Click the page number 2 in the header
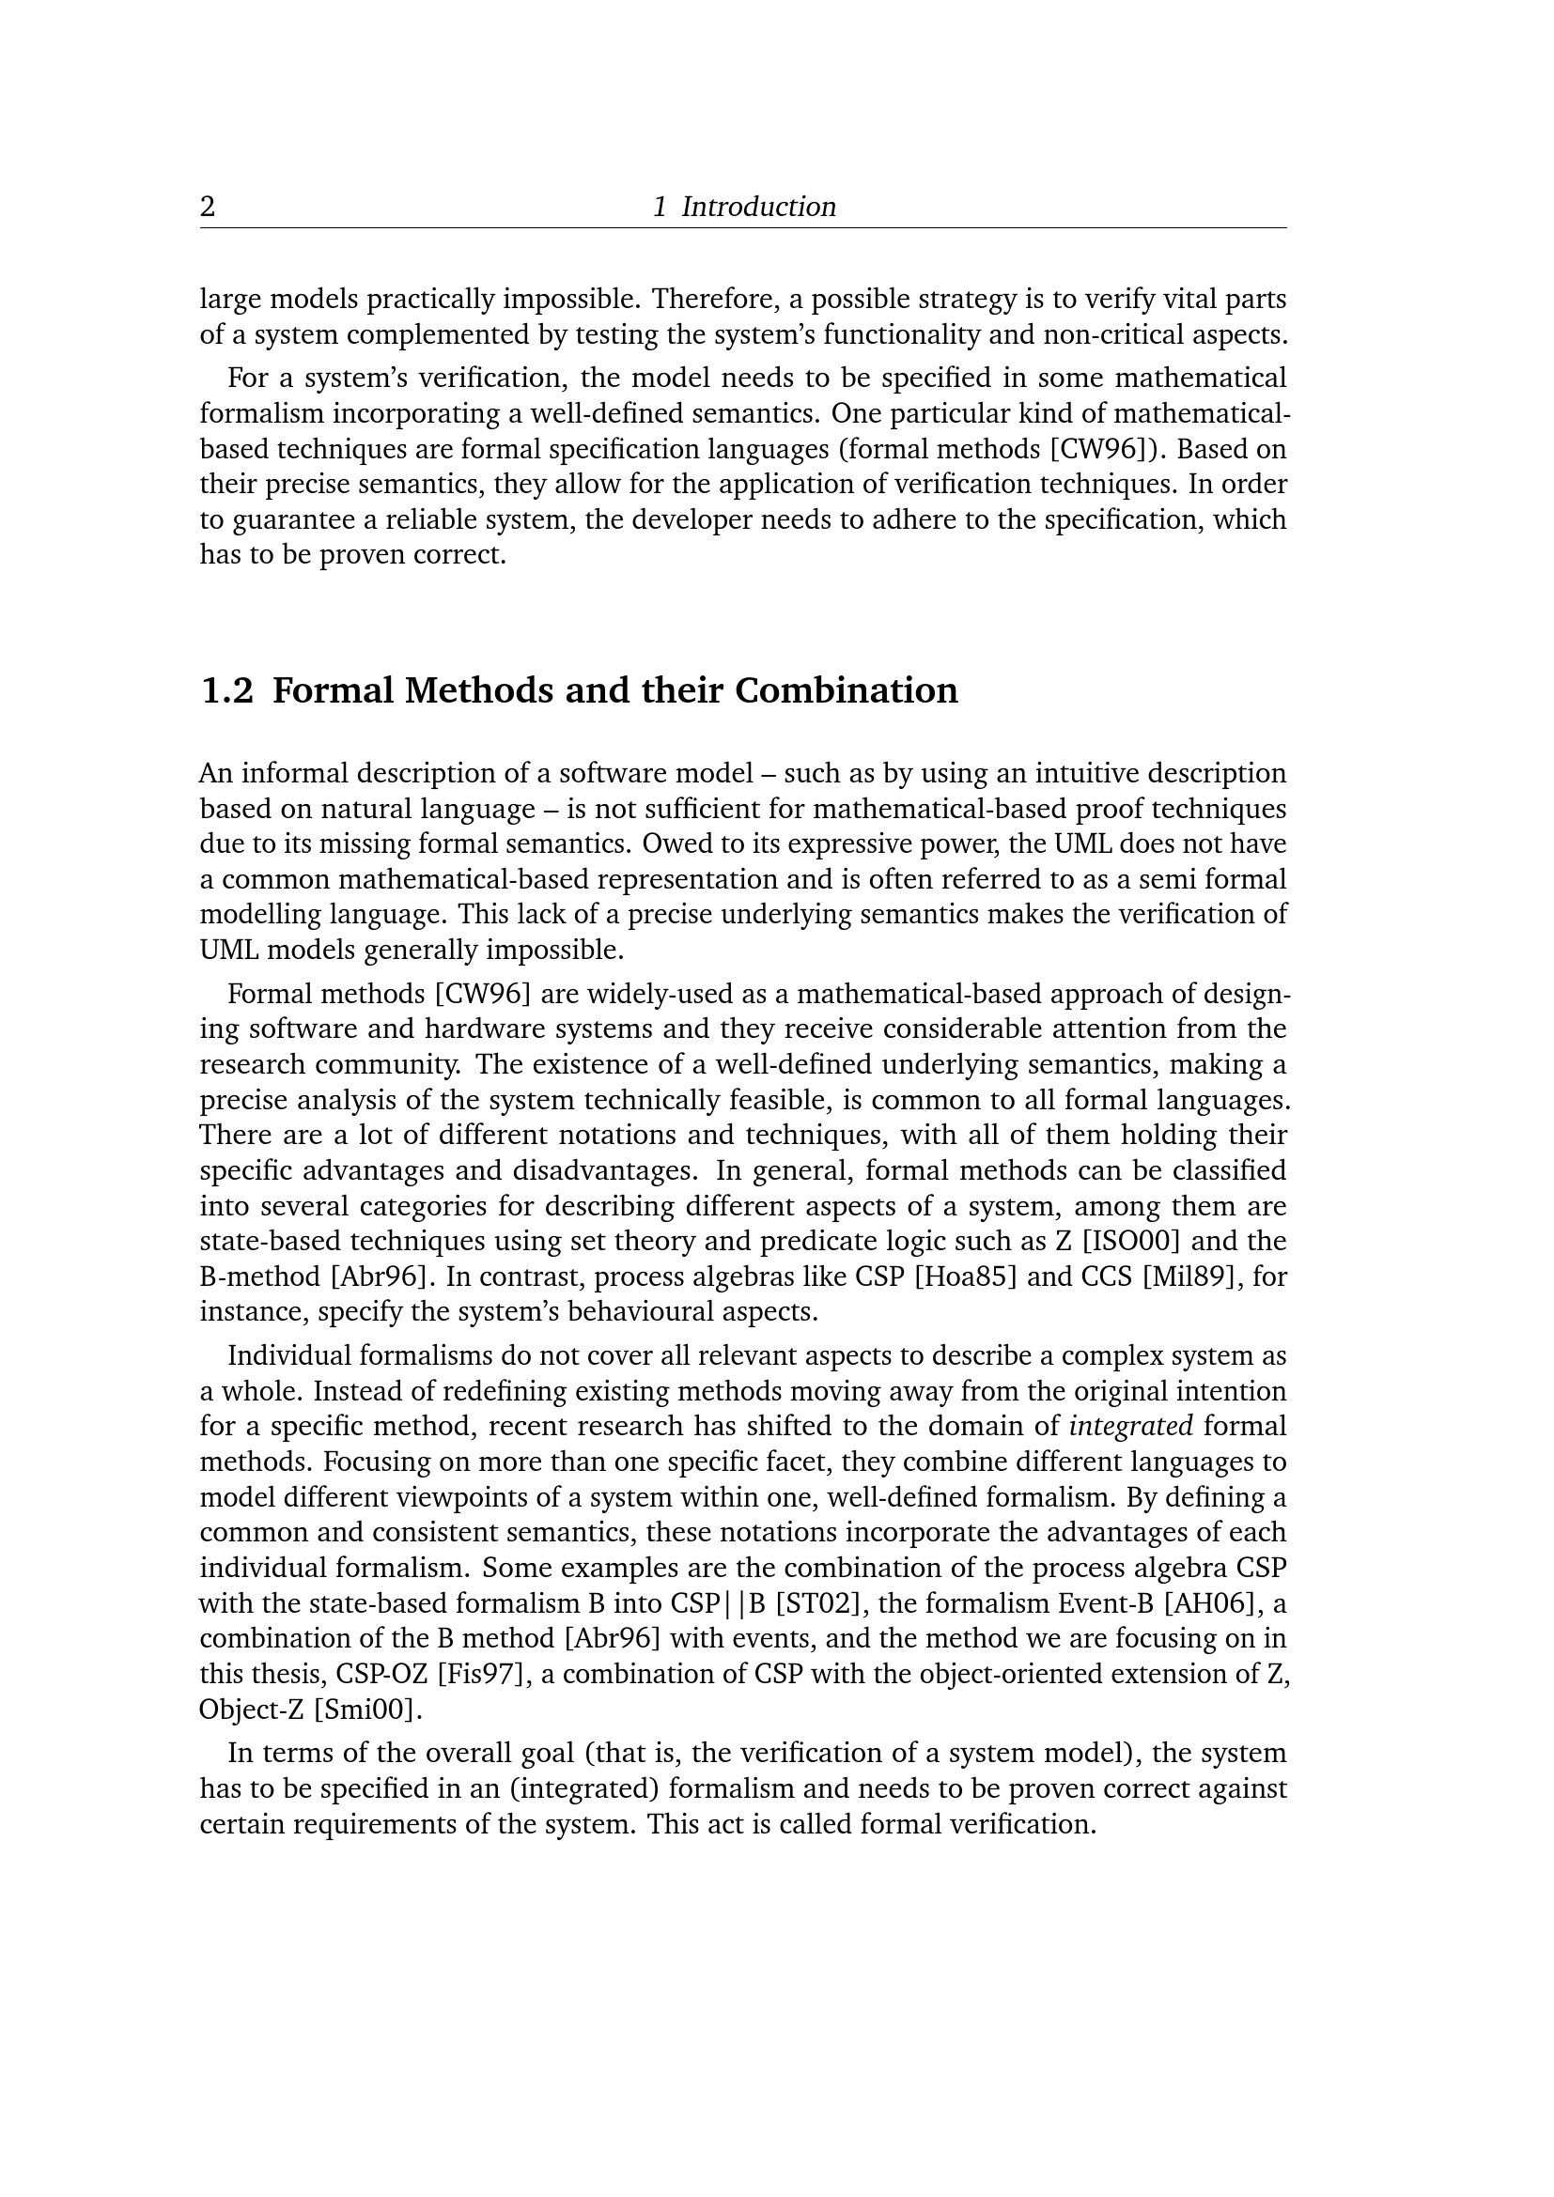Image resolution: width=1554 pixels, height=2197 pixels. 208,207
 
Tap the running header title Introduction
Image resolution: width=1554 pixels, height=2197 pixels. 758,207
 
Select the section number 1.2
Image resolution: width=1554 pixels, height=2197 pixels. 226,690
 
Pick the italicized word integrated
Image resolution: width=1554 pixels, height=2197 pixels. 1131,1426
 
